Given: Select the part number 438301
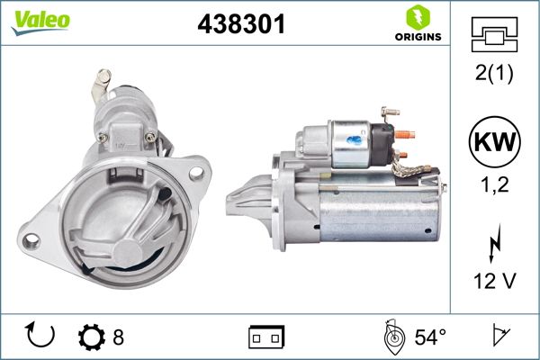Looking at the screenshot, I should [240, 25].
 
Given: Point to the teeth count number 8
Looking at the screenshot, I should [117, 337].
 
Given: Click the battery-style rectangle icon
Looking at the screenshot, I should [265, 337].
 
